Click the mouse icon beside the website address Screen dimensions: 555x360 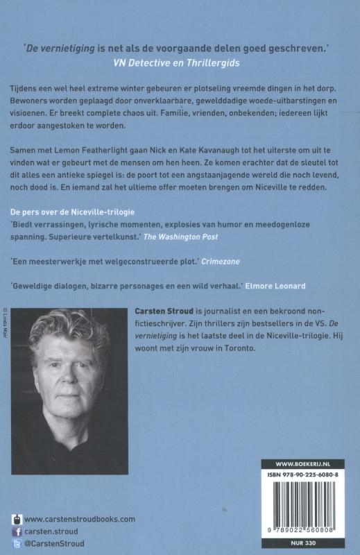pos(16,519)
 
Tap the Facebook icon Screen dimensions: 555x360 pos(16,531)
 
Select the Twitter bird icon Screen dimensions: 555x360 pos(16,543)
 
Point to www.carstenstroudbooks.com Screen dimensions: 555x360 pos(79,519)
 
